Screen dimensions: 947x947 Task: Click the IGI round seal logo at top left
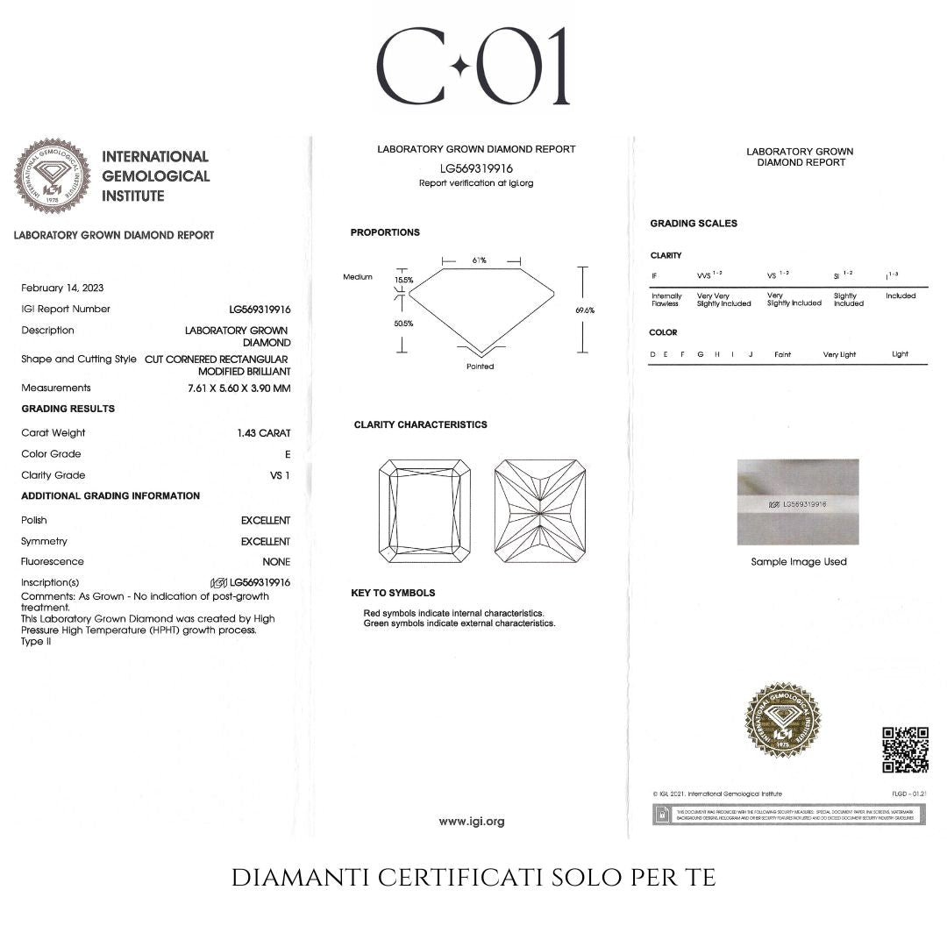point(52,176)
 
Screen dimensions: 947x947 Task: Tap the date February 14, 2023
point(62,288)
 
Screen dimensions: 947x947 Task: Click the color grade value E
point(287,454)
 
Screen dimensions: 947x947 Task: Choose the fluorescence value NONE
point(276,562)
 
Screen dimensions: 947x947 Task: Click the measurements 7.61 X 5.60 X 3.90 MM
point(239,388)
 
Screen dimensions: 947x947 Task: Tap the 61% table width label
point(480,260)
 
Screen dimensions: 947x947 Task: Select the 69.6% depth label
point(585,310)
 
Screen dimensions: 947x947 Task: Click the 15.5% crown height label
point(403,280)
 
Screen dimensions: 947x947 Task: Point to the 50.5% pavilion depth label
point(403,323)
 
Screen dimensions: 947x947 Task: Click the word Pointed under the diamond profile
point(481,367)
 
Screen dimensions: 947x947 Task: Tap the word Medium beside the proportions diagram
point(358,277)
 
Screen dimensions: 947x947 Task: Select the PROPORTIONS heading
point(385,232)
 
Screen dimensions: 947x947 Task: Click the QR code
point(905,750)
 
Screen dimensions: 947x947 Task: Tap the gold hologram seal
point(782,721)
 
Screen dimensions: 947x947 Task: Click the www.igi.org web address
point(472,822)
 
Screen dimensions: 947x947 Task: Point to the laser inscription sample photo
point(798,502)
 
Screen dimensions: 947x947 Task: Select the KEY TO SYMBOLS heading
point(393,593)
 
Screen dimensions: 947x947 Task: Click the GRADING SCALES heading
point(694,224)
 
